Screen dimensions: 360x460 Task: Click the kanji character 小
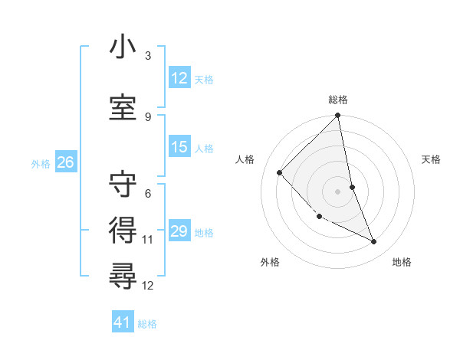point(123,47)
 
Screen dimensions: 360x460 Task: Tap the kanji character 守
point(123,185)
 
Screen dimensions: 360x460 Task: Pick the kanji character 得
point(123,228)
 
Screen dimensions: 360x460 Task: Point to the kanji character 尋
point(123,273)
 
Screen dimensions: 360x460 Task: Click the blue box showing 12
point(179,78)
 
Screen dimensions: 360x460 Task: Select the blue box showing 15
point(179,147)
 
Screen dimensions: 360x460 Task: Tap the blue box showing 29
point(179,231)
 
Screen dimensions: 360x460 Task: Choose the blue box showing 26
point(65,162)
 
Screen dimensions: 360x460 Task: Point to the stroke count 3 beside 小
point(148,56)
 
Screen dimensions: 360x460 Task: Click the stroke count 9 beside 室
point(148,116)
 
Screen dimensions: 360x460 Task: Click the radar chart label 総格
point(338,100)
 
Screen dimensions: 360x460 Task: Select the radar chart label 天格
point(432,159)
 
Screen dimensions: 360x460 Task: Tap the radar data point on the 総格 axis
point(338,116)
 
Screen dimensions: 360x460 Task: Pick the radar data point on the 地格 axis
point(374,242)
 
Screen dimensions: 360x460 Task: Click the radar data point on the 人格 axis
point(280,172)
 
